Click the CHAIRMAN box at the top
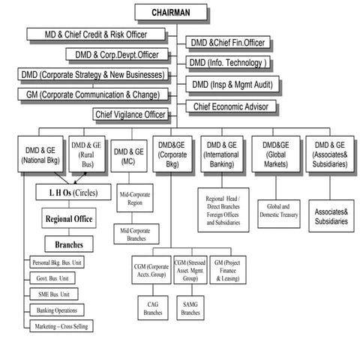[170, 13]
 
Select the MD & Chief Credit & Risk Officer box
[96, 34]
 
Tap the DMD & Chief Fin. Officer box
[227, 43]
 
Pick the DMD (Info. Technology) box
[227, 63]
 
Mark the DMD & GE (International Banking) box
[223, 155]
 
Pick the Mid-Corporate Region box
[136, 199]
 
